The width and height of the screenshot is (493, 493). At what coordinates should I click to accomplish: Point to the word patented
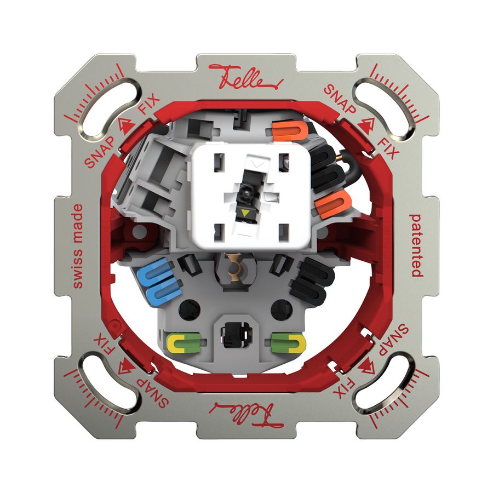click(x=416, y=245)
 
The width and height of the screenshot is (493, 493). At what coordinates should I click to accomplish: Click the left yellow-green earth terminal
click(x=182, y=343)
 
